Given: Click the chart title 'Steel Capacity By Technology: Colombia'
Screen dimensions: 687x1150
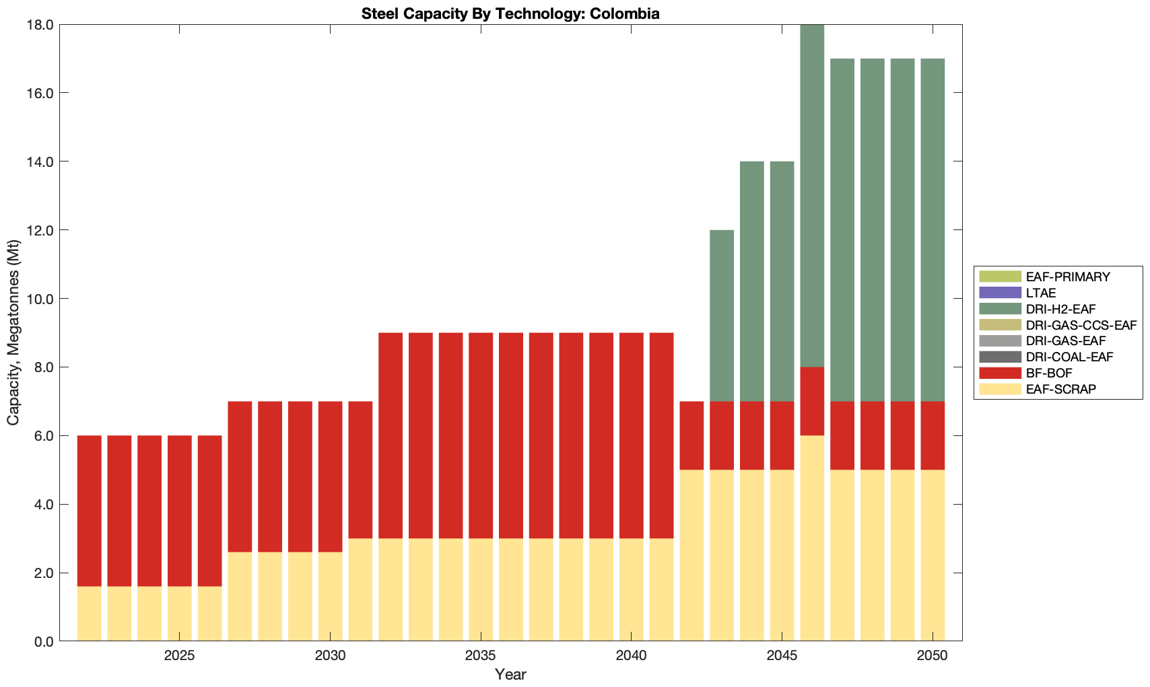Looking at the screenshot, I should pyautogui.click(x=510, y=13).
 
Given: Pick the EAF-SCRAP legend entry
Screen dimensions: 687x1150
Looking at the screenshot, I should pyautogui.click(x=1060, y=389).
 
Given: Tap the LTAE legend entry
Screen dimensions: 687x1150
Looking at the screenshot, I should pyautogui.click(x=1041, y=293).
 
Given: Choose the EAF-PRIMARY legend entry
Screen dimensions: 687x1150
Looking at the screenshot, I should pyautogui.click(x=1068, y=277).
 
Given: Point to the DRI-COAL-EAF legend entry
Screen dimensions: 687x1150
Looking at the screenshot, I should pyautogui.click(x=1069, y=357).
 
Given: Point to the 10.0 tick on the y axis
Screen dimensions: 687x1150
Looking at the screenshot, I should pyautogui.click(x=41, y=299).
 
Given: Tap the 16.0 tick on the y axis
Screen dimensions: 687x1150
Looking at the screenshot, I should pyautogui.click(x=41, y=93).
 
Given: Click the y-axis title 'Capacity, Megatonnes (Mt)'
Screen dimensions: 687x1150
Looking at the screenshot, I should pyautogui.click(x=13, y=333).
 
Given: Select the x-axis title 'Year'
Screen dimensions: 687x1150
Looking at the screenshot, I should pyautogui.click(x=510, y=674).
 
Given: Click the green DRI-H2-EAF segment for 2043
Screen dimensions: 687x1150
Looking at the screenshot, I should pyautogui.click(x=722, y=316).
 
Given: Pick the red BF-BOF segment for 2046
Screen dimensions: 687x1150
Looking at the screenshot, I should pyautogui.click(x=812, y=401).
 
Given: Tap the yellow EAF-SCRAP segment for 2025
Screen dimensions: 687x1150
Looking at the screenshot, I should pyautogui.click(x=180, y=613).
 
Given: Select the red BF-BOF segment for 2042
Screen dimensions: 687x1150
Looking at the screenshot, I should pyautogui.click(x=691, y=435).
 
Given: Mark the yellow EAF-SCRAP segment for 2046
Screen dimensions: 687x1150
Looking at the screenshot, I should pyautogui.click(x=812, y=538).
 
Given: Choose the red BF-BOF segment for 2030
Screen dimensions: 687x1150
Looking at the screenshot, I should pyautogui.click(x=330, y=476).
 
